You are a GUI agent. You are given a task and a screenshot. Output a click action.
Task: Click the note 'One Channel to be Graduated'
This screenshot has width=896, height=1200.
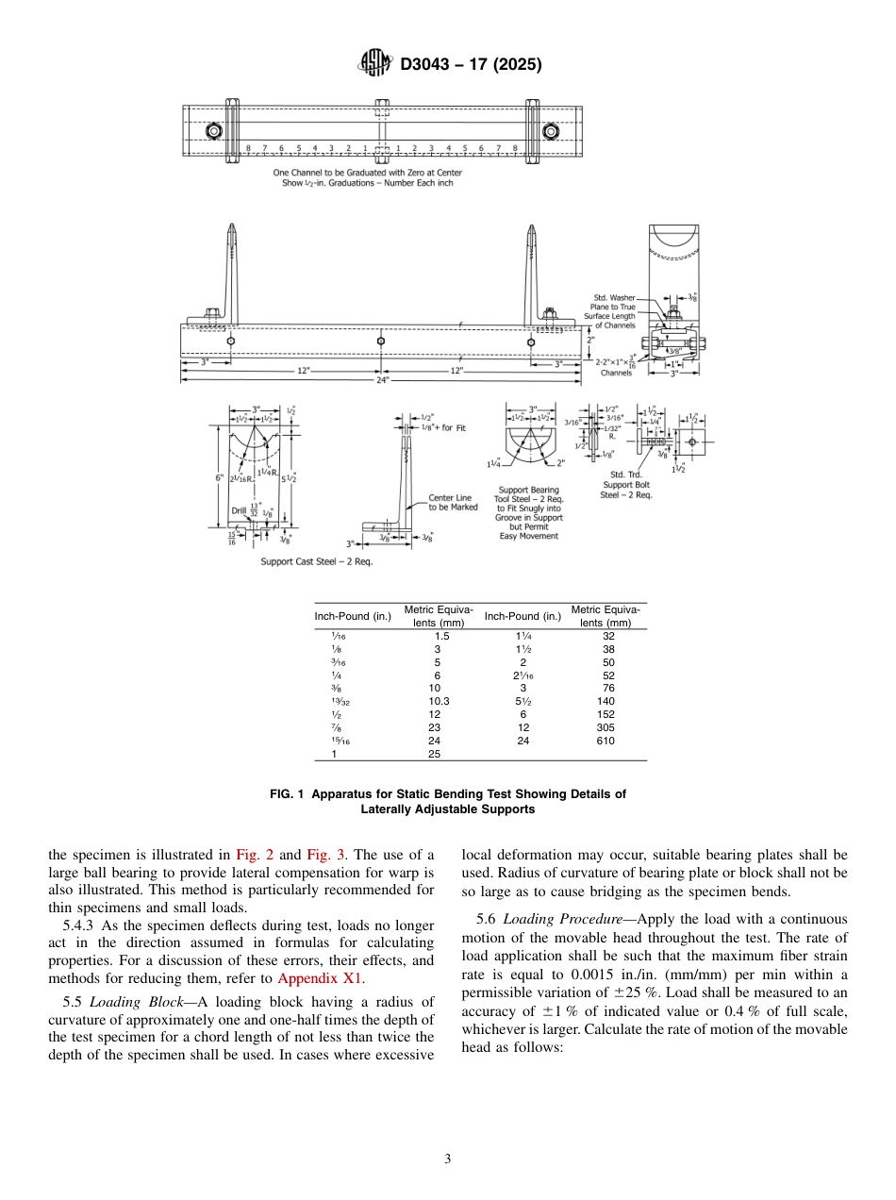[367, 173]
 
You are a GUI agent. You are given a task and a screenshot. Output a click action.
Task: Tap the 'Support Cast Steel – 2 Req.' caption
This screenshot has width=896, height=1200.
[316, 561]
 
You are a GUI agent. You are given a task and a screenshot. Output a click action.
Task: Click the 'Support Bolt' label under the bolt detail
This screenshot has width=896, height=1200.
[626, 485]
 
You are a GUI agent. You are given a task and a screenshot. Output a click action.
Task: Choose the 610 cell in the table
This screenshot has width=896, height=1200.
[605, 741]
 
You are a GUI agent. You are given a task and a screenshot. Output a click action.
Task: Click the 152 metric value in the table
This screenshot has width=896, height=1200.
[605, 715]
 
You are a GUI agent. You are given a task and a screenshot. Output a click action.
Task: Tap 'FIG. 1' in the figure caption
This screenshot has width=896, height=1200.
[288, 794]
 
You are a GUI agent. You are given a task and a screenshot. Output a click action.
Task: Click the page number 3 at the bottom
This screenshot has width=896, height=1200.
[447, 1159]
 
